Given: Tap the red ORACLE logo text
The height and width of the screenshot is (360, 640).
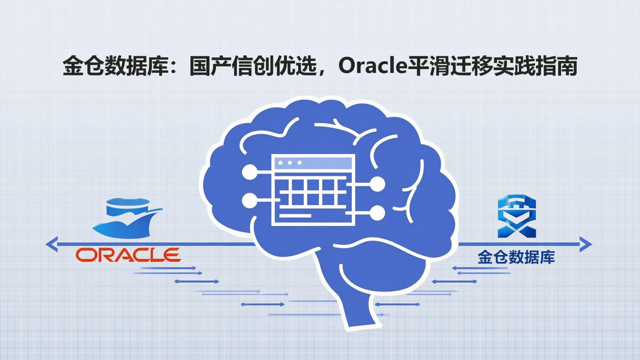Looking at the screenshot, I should click(128, 255).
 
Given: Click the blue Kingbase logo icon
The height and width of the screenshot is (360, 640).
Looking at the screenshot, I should click(516, 217).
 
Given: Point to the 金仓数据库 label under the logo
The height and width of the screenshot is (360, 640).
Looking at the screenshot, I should click(516, 257).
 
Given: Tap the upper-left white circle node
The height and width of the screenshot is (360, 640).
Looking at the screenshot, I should click(249, 172).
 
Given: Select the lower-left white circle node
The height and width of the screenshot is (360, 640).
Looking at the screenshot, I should click(249, 200).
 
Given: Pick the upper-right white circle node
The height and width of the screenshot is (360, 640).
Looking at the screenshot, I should click(377, 184).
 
